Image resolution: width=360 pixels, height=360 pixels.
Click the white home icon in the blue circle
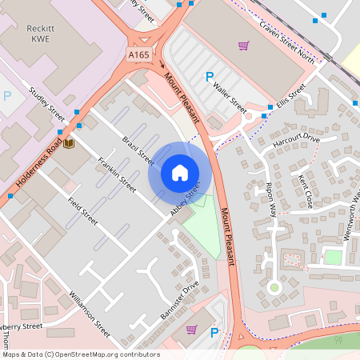(180, 172)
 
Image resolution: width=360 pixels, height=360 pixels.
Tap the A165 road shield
(138, 54)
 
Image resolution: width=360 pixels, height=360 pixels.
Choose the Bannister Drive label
(179, 301)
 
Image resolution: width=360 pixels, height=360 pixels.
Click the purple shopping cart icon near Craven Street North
(243, 46)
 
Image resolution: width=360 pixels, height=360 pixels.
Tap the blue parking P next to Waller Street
(210, 78)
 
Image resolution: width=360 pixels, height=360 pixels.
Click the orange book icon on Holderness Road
(69, 142)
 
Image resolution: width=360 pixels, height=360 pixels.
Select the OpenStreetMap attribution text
(80, 354)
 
